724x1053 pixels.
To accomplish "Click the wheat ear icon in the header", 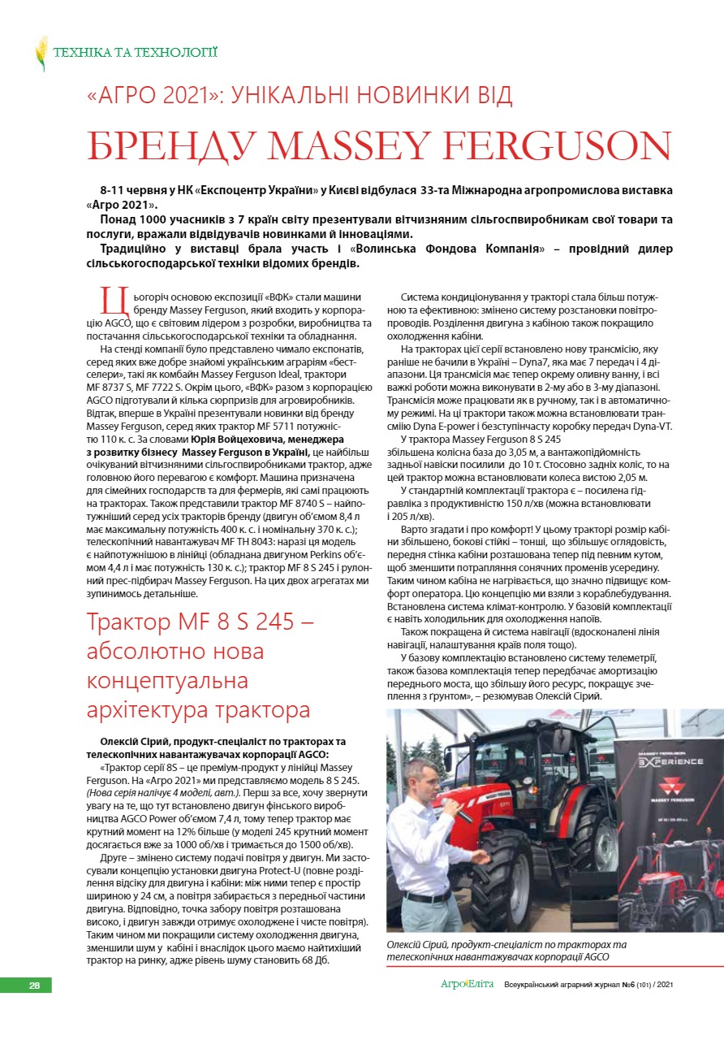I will [x=41, y=53].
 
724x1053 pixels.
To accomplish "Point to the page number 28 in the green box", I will [x=34, y=985].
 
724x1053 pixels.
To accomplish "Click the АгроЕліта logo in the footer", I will [x=467, y=985].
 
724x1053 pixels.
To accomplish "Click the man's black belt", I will [x=427, y=896].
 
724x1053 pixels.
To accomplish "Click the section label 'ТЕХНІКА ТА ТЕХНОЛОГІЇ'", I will [x=134, y=53].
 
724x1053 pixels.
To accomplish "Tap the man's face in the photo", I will [x=420, y=779].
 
